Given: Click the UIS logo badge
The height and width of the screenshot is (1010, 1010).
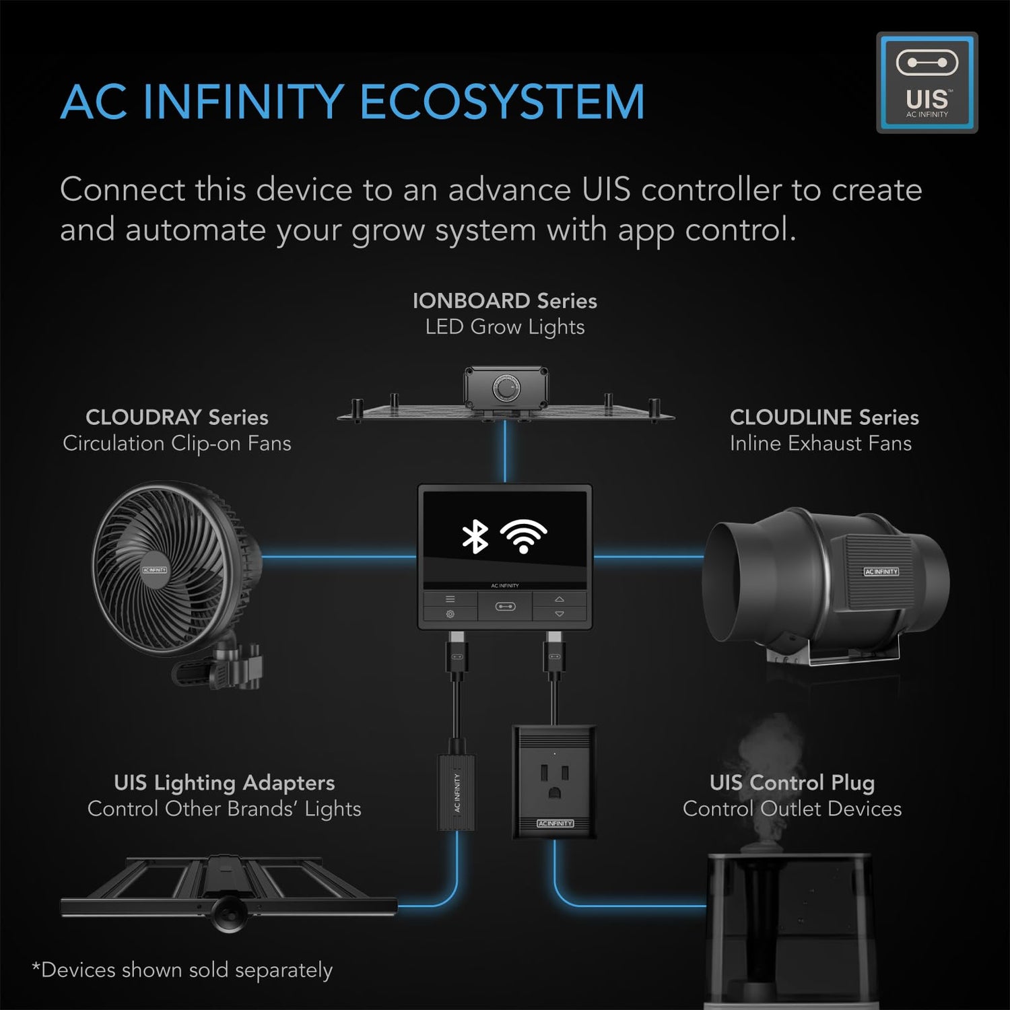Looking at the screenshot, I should (927, 82).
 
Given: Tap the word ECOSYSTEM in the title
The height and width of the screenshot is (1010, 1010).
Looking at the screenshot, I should (502, 102).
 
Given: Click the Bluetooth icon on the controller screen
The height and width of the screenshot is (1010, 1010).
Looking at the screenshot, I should (475, 537).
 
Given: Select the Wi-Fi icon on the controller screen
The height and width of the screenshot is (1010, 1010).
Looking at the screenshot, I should (523, 536).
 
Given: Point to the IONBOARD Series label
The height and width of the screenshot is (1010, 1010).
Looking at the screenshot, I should (504, 301).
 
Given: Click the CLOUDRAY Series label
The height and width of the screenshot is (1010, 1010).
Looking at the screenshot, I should (176, 417).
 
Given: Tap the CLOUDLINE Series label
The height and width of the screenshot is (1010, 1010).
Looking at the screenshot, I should (823, 417).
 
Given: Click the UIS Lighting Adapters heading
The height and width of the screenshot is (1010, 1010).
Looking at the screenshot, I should (224, 782).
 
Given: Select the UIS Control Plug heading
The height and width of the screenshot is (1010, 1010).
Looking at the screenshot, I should (792, 782).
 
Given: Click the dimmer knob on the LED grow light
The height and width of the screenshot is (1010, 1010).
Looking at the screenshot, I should (506, 389).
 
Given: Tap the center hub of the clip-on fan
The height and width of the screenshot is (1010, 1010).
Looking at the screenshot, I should (154, 570).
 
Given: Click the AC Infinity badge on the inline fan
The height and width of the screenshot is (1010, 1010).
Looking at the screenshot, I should (881, 572).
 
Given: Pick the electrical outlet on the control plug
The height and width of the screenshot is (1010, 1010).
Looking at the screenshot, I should (554, 781).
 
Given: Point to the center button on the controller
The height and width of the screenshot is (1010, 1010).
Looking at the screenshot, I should (505, 607).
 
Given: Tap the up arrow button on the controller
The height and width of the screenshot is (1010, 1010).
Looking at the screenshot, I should (560, 599).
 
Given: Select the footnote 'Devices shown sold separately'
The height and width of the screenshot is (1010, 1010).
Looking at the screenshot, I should (182, 970).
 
